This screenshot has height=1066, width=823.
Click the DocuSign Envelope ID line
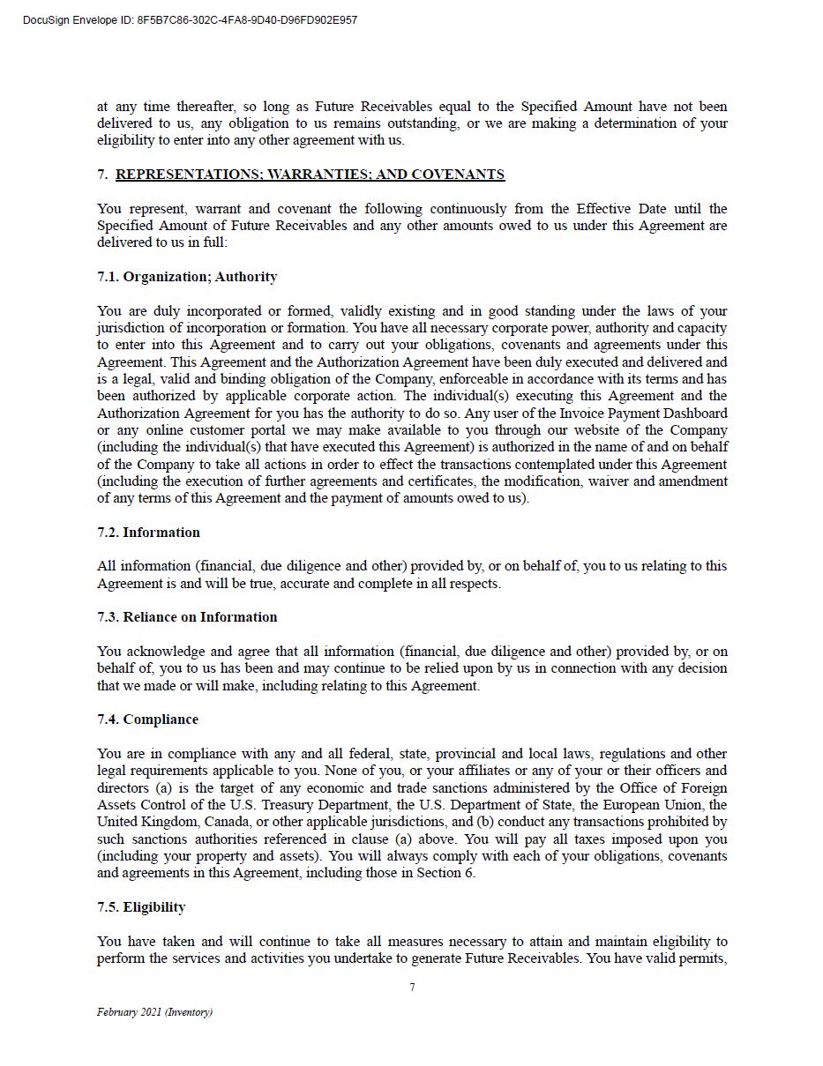click(x=190, y=20)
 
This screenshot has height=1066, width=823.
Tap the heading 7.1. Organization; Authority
click(x=187, y=277)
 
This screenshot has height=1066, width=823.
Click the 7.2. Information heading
click(x=148, y=533)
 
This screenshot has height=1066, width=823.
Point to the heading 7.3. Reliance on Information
click(x=187, y=617)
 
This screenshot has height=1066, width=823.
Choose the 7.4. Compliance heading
click(x=147, y=719)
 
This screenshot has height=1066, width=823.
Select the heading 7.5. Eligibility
click(x=141, y=907)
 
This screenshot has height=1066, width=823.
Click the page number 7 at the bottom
click(x=412, y=988)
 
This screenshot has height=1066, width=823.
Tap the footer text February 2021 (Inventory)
click(x=154, y=1012)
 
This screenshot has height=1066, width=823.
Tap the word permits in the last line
click(x=702, y=958)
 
